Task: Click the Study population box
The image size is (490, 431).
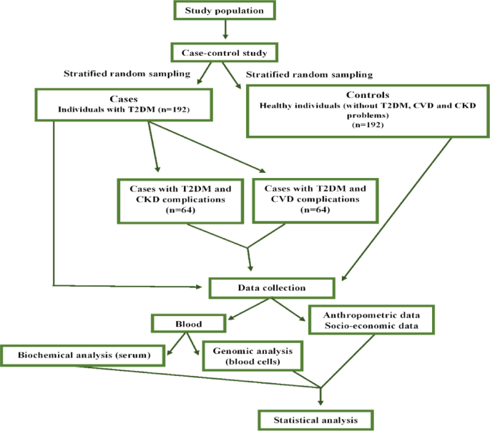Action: (225, 10)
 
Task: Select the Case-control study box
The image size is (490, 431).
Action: (225, 52)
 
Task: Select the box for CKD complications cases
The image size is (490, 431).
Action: (180, 200)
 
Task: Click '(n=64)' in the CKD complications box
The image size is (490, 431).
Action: (180, 212)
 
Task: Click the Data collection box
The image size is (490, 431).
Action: (271, 288)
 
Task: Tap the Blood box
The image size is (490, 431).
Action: (187, 323)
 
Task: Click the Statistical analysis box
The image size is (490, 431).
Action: (317, 418)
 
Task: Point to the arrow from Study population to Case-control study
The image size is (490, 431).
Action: (225, 29)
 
